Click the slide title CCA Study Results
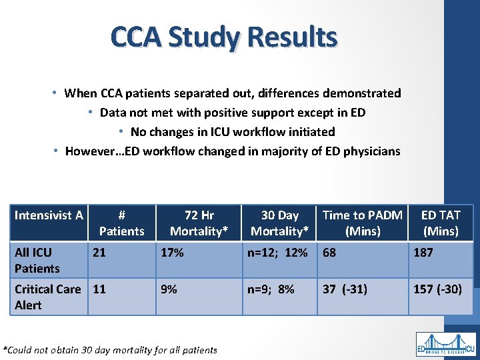(x=224, y=37)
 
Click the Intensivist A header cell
(x=49, y=215)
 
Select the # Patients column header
(x=121, y=223)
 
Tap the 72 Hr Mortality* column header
(x=199, y=223)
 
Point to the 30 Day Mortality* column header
(x=279, y=223)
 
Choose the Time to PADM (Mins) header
(x=362, y=223)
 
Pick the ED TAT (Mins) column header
(x=440, y=223)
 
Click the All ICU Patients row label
(x=37, y=260)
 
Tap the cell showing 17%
(x=173, y=253)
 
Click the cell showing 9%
(x=169, y=289)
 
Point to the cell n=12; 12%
(x=277, y=253)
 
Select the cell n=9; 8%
(x=271, y=289)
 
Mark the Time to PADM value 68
(x=330, y=253)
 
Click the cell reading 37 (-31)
(x=345, y=289)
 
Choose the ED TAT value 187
(x=423, y=253)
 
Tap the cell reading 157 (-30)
(x=437, y=289)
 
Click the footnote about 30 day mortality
(x=110, y=349)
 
